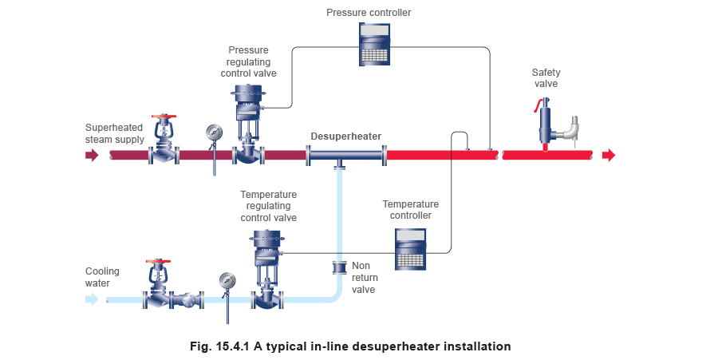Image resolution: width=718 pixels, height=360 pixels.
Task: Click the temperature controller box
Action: (x=411, y=248)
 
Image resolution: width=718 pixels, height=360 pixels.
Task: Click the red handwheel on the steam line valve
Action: (x=165, y=119)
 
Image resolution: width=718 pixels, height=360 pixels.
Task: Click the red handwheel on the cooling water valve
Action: (x=160, y=262)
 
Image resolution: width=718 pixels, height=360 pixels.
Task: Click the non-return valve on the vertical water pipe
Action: (x=340, y=266)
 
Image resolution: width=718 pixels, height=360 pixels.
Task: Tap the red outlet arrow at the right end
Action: (x=609, y=155)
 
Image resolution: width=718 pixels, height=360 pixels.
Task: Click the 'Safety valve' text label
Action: (x=546, y=78)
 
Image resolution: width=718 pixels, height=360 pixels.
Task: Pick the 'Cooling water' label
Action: (x=97, y=277)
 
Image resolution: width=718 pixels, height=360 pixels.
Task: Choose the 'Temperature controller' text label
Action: (x=408, y=209)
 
